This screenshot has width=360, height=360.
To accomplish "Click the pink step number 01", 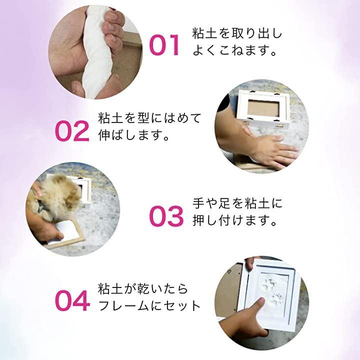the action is click(x=164, y=45).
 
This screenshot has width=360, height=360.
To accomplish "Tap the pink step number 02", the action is click(x=72, y=131).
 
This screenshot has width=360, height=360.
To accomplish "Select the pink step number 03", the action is click(x=166, y=216).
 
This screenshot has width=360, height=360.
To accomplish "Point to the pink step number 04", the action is click(x=72, y=301).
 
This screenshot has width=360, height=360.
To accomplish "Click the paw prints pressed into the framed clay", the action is click(x=273, y=291).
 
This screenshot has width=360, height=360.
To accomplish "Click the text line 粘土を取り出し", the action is click(x=237, y=33).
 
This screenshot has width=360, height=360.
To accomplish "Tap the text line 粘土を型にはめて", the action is click(x=149, y=118).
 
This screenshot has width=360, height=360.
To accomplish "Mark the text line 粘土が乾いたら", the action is click(x=143, y=289).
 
